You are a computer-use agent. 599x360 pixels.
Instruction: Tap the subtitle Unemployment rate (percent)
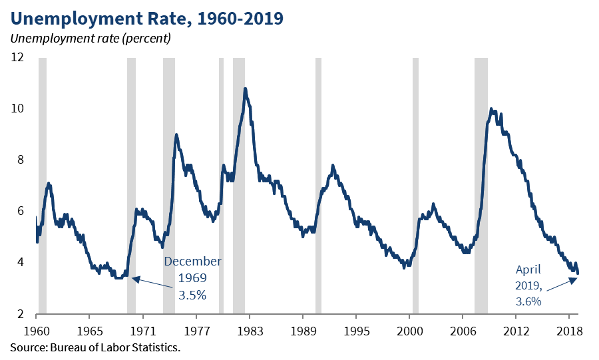click(x=91, y=37)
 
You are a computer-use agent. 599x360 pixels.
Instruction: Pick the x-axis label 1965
click(x=90, y=331)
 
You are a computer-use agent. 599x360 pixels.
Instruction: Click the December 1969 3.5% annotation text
click(x=192, y=277)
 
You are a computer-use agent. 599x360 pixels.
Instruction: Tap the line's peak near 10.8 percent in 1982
click(x=245, y=89)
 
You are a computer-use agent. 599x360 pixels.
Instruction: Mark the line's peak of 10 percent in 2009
click(x=491, y=109)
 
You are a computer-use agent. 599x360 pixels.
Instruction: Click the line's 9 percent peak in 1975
click(x=176, y=134)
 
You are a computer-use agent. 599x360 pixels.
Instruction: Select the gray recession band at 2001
click(x=415, y=186)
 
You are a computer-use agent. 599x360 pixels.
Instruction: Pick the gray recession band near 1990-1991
click(x=318, y=186)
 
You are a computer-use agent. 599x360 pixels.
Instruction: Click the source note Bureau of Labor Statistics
click(x=95, y=347)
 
